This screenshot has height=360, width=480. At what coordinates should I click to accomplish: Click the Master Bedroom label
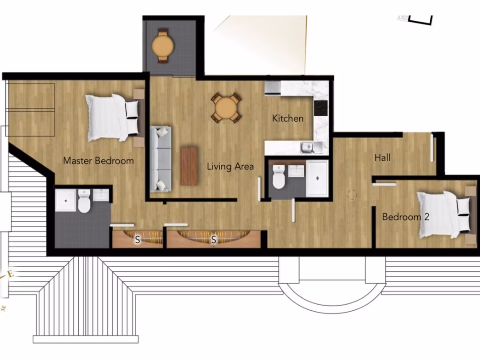[98, 161]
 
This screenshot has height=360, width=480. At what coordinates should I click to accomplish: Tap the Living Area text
[231, 166]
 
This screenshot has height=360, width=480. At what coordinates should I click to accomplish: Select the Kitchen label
[288, 119]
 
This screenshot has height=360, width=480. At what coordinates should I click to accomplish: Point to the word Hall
[382, 158]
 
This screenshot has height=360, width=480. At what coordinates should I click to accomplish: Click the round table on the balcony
[163, 45]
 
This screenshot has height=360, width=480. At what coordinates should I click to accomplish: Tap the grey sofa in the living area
[161, 158]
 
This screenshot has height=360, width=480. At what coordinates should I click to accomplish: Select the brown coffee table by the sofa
[189, 165]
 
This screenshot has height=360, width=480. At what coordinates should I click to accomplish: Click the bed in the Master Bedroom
[112, 117]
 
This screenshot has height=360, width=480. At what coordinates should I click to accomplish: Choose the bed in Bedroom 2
[443, 214]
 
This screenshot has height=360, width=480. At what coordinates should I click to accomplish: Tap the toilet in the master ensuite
[84, 202]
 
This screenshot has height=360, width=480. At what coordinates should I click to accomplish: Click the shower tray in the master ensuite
[65, 200]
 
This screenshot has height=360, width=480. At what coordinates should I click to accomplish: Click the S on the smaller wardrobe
[137, 240]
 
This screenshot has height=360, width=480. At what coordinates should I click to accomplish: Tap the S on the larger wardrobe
[214, 240]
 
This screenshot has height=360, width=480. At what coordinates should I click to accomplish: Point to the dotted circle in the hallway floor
[352, 194]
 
